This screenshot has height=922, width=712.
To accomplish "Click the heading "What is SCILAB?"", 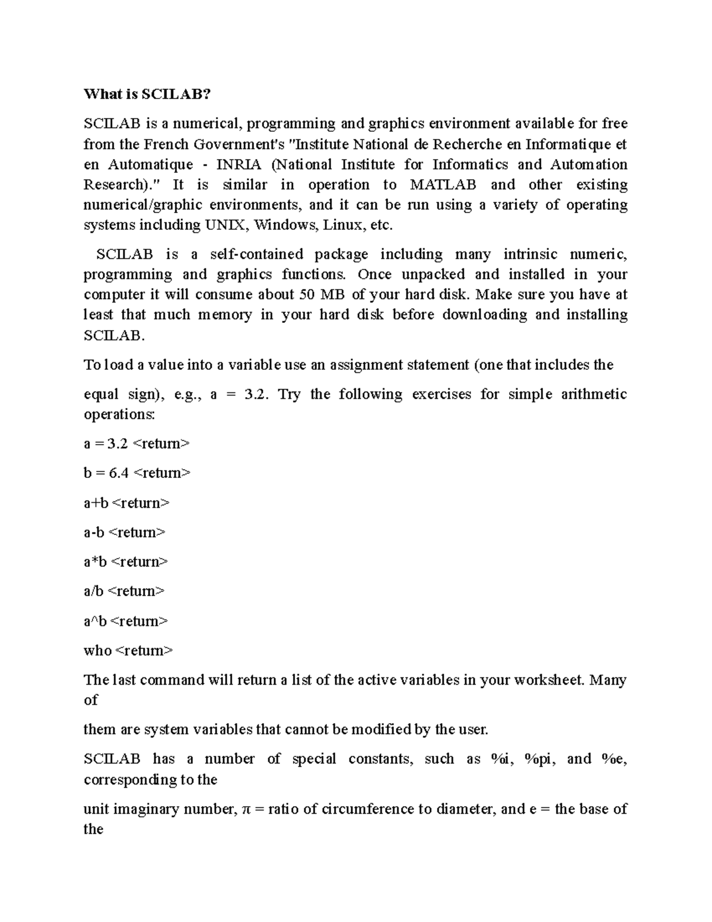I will pyautogui.click(x=147, y=94).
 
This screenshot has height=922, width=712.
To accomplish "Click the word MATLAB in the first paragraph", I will pyautogui.click(x=443, y=185).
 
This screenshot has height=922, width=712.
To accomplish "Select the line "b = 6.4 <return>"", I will pyautogui.click(x=136, y=473).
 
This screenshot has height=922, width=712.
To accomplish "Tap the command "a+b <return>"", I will pyautogui.click(x=126, y=503).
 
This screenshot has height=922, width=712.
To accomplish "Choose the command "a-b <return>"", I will pyautogui.click(x=125, y=532).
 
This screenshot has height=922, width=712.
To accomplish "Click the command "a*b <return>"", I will pyautogui.click(x=126, y=562).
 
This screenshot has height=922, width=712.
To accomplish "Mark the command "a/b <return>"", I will pyautogui.click(x=124, y=591).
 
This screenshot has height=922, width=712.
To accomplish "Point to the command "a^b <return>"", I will pyautogui.click(x=126, y=621).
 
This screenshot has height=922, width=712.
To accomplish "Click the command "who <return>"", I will pyautogui.click(x=128, y=651).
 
